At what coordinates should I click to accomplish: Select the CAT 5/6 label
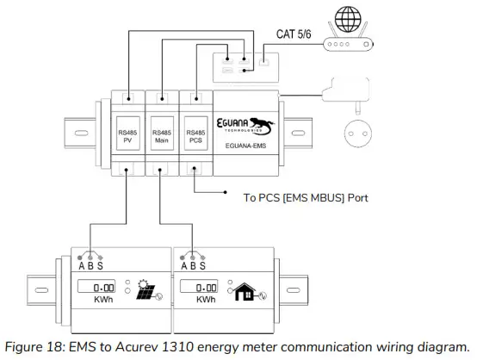[x=297, y=34]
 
